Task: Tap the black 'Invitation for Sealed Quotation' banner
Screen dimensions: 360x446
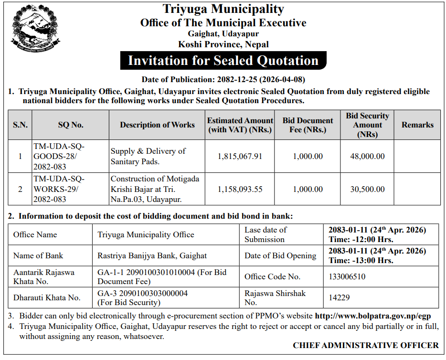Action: coord(223,61)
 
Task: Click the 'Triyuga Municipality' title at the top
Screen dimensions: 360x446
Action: coord(223,9)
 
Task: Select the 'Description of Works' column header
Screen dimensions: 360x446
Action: coord(157,125)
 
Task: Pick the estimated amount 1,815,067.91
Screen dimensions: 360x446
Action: coord(240,156)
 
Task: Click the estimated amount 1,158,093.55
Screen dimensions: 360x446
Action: coord(240,189)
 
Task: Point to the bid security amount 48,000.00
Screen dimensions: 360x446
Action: coord(367,156)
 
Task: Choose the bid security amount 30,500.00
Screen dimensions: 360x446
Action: coord(367,189)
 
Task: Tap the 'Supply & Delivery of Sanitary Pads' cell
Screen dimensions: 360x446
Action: coord(148,156)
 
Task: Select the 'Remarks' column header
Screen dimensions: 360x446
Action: coord(417,125)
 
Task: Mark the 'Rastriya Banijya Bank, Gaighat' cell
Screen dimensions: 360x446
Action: coord(152,255)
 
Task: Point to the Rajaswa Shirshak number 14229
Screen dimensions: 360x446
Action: coord(339,297)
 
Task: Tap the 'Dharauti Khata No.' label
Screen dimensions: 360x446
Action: coord(47,297)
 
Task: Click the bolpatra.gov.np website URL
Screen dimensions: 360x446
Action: coord(373,316)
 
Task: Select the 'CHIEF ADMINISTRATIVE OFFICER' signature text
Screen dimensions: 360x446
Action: coord(365,345)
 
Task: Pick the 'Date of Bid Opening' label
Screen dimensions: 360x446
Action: coord(280,255)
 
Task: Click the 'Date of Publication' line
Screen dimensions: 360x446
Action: coord(223,79)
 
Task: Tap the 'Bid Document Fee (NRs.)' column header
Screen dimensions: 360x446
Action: coord(308,125)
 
